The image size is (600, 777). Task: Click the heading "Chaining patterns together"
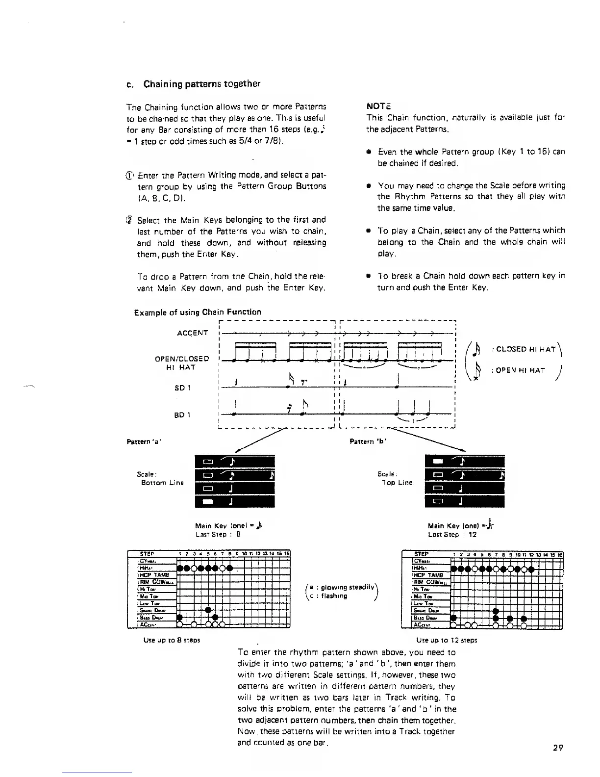(201, 84)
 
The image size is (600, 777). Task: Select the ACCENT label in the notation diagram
(192, 334)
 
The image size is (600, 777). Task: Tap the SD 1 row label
(182, 388)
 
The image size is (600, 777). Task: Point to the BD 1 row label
(182, 415)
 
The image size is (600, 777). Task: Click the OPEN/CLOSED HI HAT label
(182, 363)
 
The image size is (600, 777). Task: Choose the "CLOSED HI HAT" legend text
(525, 349)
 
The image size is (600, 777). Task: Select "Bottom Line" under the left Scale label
(162, 483)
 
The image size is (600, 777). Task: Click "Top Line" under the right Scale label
(397, 483)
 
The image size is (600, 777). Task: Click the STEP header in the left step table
(147, 555)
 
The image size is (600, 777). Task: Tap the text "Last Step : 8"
(217, 535)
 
